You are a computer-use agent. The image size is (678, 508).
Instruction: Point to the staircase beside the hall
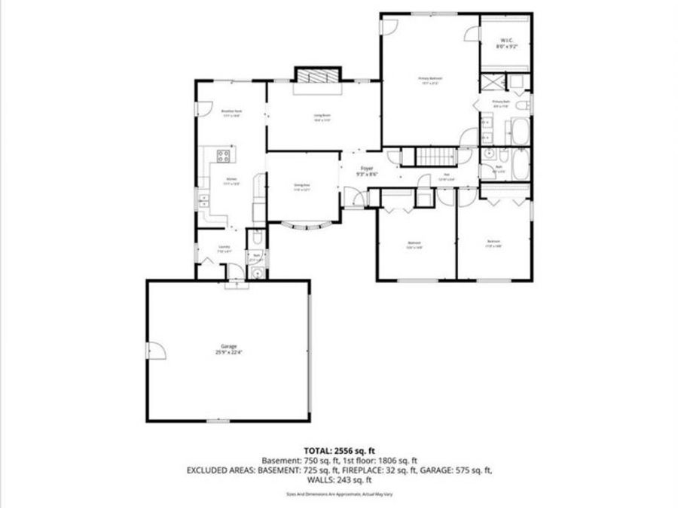435,157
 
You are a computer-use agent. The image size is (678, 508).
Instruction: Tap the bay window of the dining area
304,227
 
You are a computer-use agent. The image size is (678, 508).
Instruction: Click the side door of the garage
154,350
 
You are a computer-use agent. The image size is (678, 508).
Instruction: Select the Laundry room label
224,249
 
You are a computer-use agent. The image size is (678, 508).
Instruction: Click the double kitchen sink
203,200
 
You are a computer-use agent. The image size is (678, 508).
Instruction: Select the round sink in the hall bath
489,154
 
